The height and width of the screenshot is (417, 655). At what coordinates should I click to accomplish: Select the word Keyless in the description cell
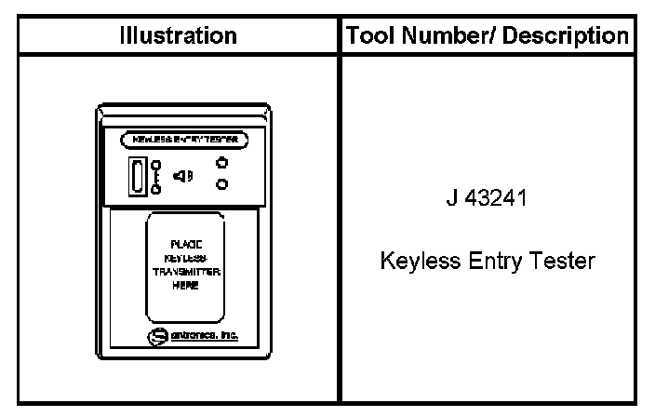[x=416, y=262]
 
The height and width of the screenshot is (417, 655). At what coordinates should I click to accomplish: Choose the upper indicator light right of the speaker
[x=221, y=160]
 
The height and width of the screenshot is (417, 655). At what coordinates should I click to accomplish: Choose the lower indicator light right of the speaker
[x=221, y=183]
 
